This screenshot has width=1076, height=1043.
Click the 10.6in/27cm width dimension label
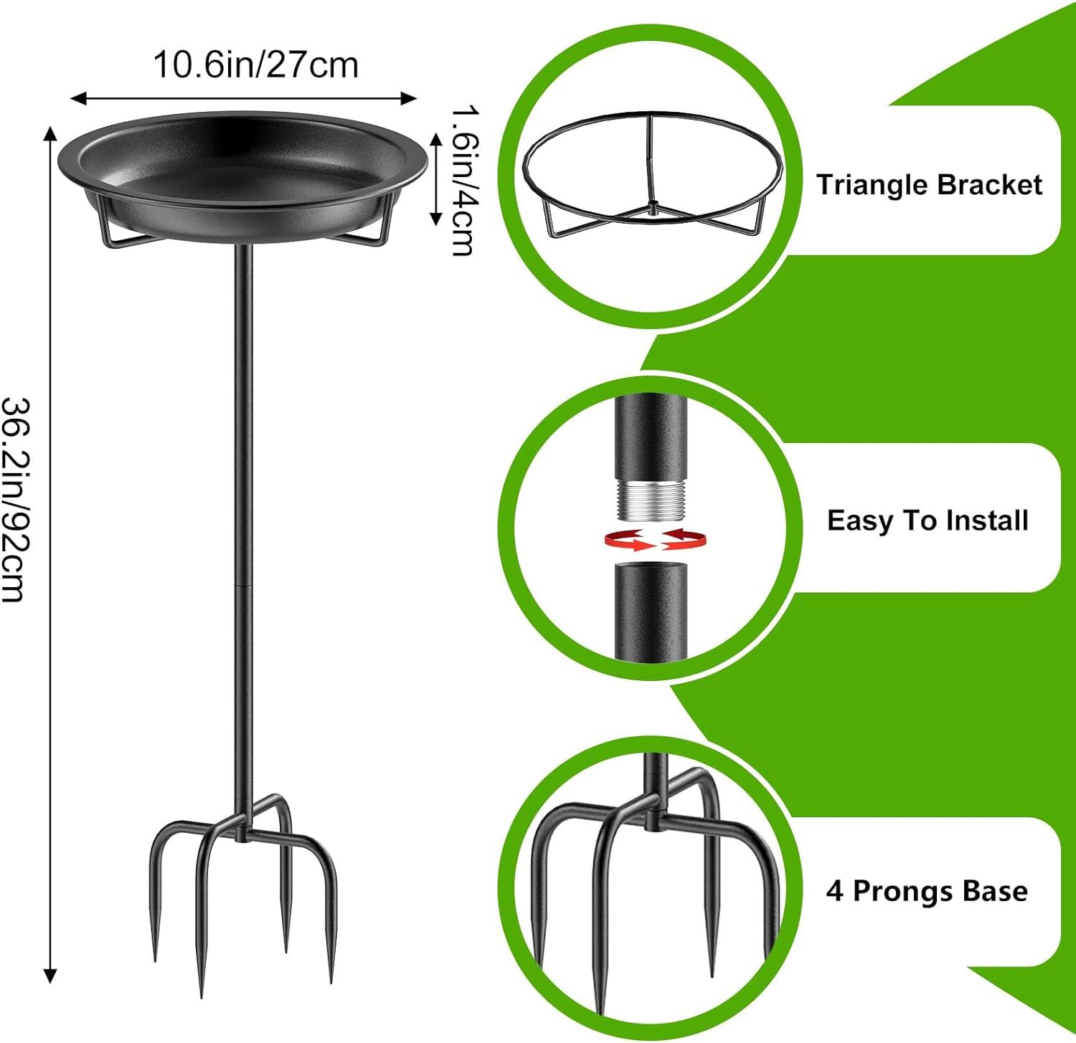(255, 66)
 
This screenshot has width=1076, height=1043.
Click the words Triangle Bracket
(929, 185)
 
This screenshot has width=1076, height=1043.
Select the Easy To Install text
(928, 520)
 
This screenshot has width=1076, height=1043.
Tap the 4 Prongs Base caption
(927, 891)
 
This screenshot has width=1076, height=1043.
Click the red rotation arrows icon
(654, 540)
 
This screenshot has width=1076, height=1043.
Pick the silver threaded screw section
(651, 500)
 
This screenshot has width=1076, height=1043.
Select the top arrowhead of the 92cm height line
(50, 132)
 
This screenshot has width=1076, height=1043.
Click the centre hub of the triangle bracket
(651, 209)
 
